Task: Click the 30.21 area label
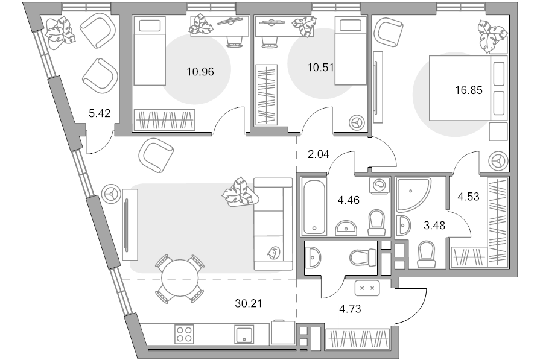coord(249,303)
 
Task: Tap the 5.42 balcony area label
coord(100,113)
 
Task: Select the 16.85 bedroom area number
coord(469,90)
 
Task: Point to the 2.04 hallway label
coord(318,154)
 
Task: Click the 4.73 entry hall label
coord(350,308)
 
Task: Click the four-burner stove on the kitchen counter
coord(184,334)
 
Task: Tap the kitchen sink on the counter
coord(244,334)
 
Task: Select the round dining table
coord(180,279)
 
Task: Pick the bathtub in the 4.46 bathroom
coord(314,206)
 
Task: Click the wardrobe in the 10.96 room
coord(164,120)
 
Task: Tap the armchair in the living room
coord(156,155)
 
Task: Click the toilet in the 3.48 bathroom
coord(426,254)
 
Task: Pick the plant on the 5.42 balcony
coord(60,33)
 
